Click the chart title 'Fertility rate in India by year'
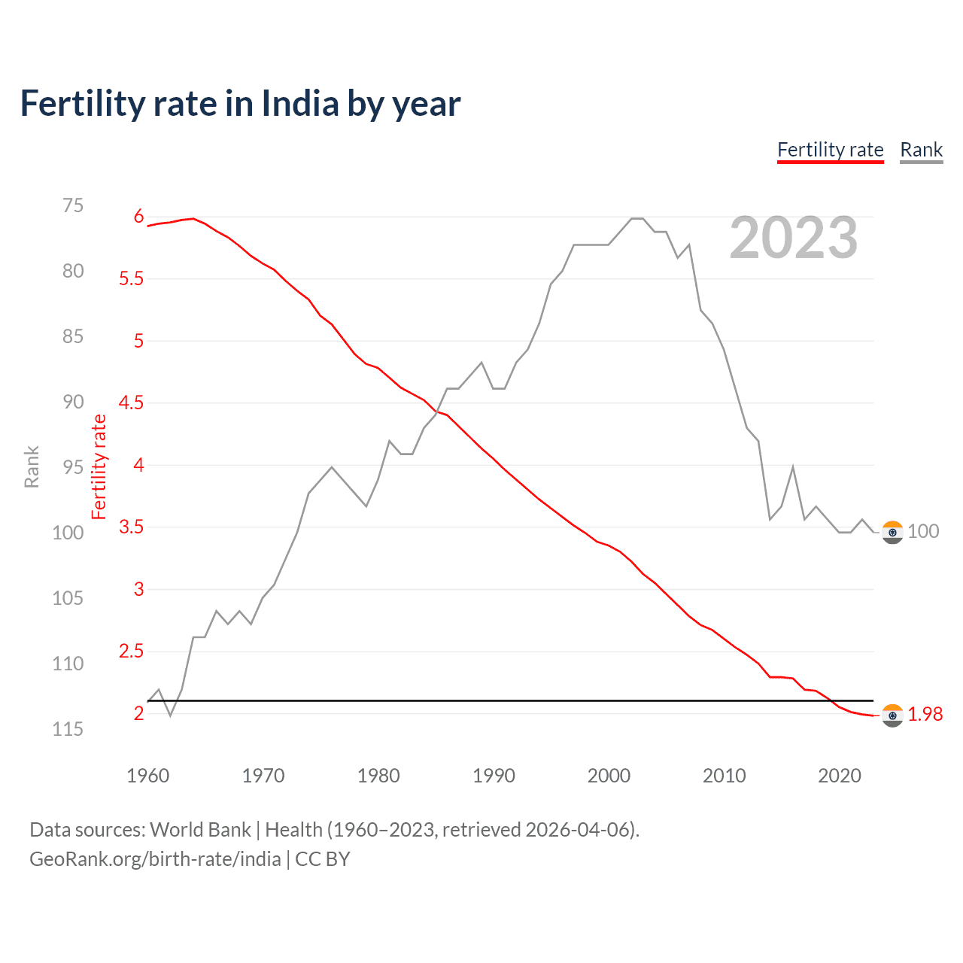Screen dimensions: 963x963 [240, 104]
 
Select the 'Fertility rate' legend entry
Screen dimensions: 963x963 [830, 150]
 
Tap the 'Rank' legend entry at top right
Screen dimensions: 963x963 [921, 150]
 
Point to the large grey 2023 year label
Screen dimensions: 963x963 [793, 238]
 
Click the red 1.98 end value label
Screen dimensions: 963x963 [925, 715]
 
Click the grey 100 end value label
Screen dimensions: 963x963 [923, 531]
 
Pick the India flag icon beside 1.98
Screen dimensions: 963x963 [892, 715]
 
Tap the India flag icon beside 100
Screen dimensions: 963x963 [892, 532]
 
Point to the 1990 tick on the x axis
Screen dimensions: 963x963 [494, 776]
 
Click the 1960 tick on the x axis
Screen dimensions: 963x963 [148, 776]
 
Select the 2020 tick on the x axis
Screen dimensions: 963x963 [839, 776]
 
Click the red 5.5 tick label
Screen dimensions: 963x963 [131, 279]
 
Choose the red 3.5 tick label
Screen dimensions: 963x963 [131, 527]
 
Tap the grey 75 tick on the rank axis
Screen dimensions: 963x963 [73, 206]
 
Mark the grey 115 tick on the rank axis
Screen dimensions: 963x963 [68, 729]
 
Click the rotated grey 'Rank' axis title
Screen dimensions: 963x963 [32, 466]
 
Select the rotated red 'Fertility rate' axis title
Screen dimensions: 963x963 [99, 466]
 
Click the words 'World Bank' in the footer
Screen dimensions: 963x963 [200, 830]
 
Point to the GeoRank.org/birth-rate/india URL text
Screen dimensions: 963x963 [155, 859]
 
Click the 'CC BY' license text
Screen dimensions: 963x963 [323, 859]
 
